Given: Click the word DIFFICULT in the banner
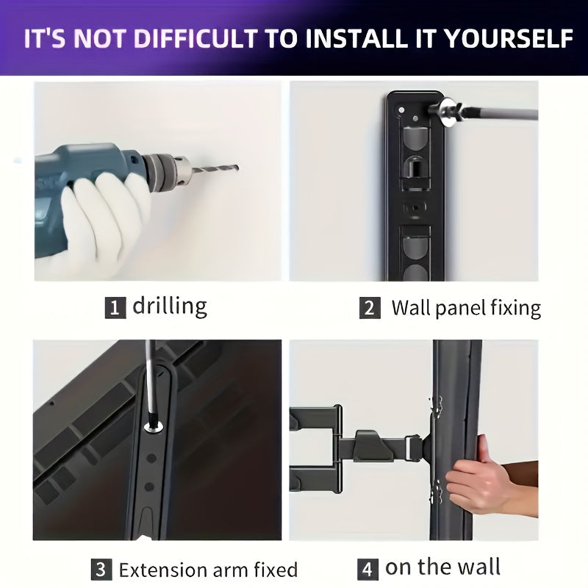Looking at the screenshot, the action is (x=196, y=39).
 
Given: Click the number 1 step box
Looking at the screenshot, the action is (x=115, y=307).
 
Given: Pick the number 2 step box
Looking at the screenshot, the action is (x=370, y=308).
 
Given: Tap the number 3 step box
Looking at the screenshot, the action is (x=101, y=569).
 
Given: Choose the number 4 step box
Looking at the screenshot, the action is (x=367, y=569).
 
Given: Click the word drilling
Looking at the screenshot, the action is (x=170, y=306).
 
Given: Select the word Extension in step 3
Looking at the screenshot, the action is (x=162, y=570).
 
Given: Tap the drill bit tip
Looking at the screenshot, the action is (x=237, y=168).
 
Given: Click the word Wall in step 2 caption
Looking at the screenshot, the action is (x=412, y=307).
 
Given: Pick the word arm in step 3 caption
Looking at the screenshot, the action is (x=230, y=571).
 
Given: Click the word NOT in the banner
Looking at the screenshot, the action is (x=101, y=39).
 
